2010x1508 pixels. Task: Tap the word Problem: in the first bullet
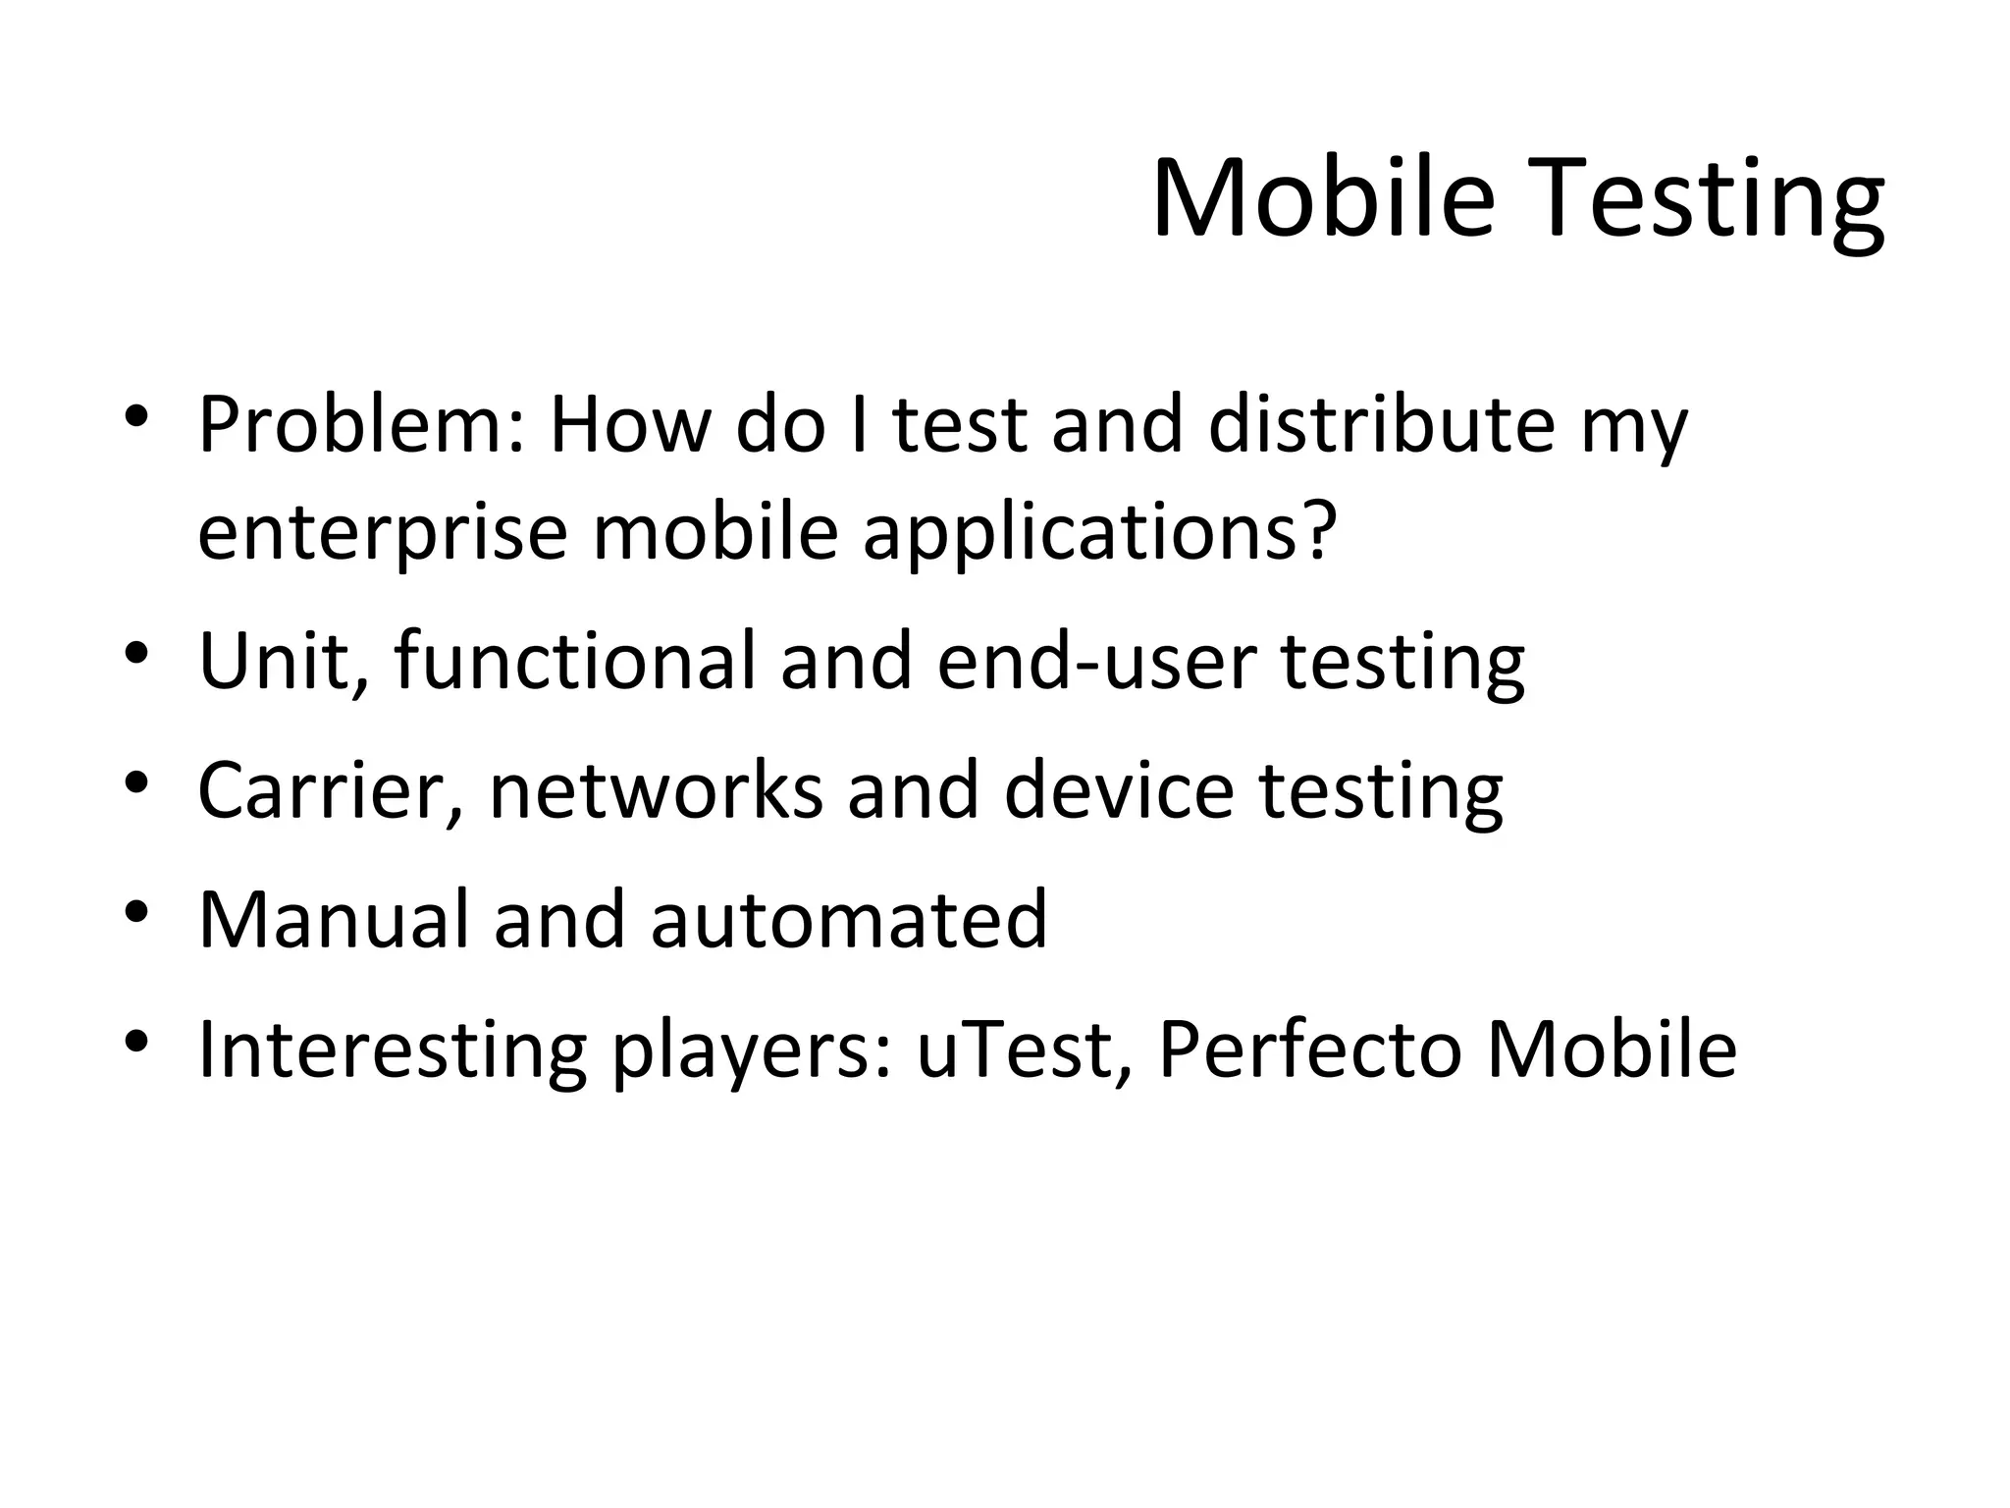pyautogui.click(x=360, y=425)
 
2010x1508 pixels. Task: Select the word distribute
pyautogui.click(x=1381, y=425)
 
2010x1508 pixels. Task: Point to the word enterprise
pyautogui.click(x=383, y=533)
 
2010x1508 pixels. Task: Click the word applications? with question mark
pyautogui.click(x=1099, y=533)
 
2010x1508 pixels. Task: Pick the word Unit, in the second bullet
pyautogui.click(x=285, y=661)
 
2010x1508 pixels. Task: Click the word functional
pyautogui.click(x=575, y=661)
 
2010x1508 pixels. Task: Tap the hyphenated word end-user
pyautogui.click(x=1096, y=661)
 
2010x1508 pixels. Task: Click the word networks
pyautogui.click(x=656, y=790)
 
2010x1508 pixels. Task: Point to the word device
pyautogui.click(x=1118, y=790)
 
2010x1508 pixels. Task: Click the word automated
pyautogui.click(x=849, y=920)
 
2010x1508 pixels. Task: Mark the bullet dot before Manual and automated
pyautogui.click(x=136, y=911)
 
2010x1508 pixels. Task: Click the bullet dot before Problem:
pyautogui.click(x=136, y=415)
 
